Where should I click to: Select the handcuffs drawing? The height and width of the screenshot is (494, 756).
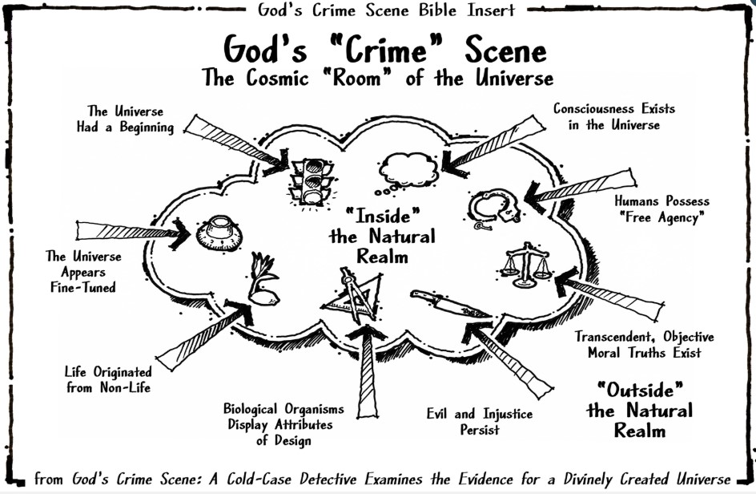pyautogui.click(x=494, y=209)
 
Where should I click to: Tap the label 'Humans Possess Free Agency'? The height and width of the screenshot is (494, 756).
pyautogui.click(x=661, y=210)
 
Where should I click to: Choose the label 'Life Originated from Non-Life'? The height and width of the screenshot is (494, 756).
pyautogui.click(x=107, y=380)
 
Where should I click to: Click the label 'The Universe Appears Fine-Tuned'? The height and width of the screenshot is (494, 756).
pyautogui.click(x=83, y=272)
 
